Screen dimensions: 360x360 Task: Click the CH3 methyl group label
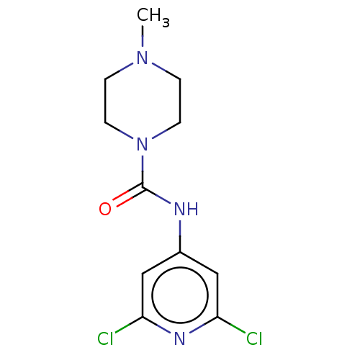tap(153, 17)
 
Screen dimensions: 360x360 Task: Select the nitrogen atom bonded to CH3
tap(142, 58)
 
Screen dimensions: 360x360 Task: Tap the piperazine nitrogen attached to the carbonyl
tap(142, 144)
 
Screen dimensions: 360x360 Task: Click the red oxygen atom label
tap(105, 209)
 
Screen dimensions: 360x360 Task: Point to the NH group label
tap(186, 209)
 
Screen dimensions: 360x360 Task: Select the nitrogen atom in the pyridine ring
tap(180, 338)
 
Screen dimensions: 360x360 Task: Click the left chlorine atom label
tap(105, 338)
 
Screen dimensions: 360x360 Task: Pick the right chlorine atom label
tap(254, 338)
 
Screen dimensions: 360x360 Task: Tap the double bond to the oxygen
tap(129, 195)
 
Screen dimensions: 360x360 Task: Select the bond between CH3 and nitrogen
tap(143, 36)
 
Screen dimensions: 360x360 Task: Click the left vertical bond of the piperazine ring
tap(105, 101)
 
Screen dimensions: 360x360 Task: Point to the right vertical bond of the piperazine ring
tap(180, 101)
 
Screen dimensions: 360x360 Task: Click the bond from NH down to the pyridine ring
tap(180, 236)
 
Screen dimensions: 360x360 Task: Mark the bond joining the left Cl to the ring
tap(129, 325)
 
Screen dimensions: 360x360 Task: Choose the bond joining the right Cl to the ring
tap(231, 325)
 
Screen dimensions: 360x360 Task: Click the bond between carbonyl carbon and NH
tap(156, 195)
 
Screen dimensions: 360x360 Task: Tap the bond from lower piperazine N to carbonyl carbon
tap(143, 171)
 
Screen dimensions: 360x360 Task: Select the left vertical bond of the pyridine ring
tap(143, 295)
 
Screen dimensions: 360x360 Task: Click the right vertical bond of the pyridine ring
tap(217, 295)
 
